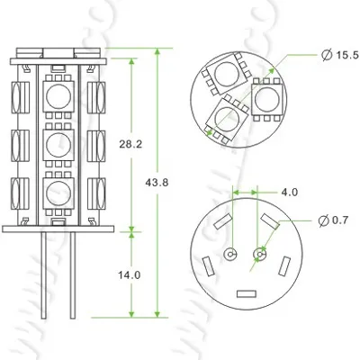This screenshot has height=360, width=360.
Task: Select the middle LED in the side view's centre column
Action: (x=60, y=142)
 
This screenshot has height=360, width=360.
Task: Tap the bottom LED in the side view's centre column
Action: (x=60, y=190)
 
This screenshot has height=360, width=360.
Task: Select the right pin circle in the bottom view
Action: (x=261, y=255)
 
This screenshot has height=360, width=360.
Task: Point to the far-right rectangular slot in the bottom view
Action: (x=286, y=266)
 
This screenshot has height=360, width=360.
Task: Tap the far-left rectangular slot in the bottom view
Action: (x=206, y=266)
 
